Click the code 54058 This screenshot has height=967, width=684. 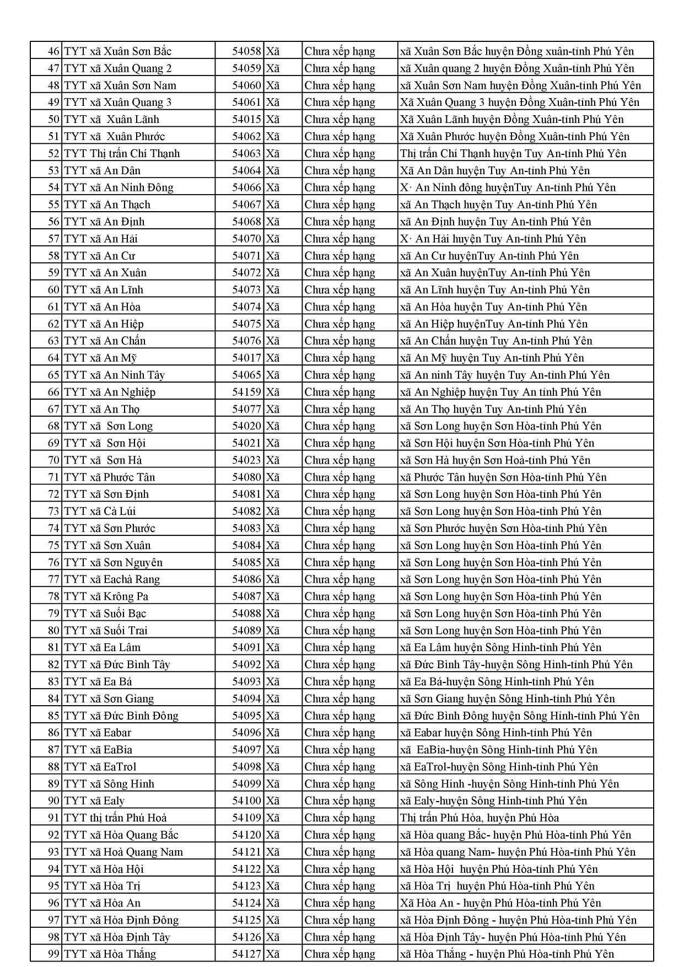click(x=246, y=51)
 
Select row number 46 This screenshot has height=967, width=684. click(x=53, y=51)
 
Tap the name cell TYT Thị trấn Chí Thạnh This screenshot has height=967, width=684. click(x=122, y=153)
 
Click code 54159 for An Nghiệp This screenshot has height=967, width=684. click(x=246, y=392)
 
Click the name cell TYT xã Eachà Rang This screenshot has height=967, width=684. click(x=112, y=579)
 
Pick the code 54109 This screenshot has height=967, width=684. click(x=246, y=818)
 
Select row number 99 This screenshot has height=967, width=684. click(x=53, y=954)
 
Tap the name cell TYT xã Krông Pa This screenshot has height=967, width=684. click(x=106, y=596)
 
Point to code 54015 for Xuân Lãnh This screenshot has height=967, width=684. click(x=246, y=119)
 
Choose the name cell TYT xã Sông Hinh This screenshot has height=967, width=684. click(x=109, y=783)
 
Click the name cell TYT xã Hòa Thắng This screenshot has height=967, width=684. click(x=110, y=954)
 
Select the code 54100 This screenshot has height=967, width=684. click(x=246, y=801)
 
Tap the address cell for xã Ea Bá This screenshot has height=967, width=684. click(x=497, y=681)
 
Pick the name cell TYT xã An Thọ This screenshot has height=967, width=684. click(x=102, y=409)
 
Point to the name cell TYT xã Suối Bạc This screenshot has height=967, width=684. click(x=105, y=613)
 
